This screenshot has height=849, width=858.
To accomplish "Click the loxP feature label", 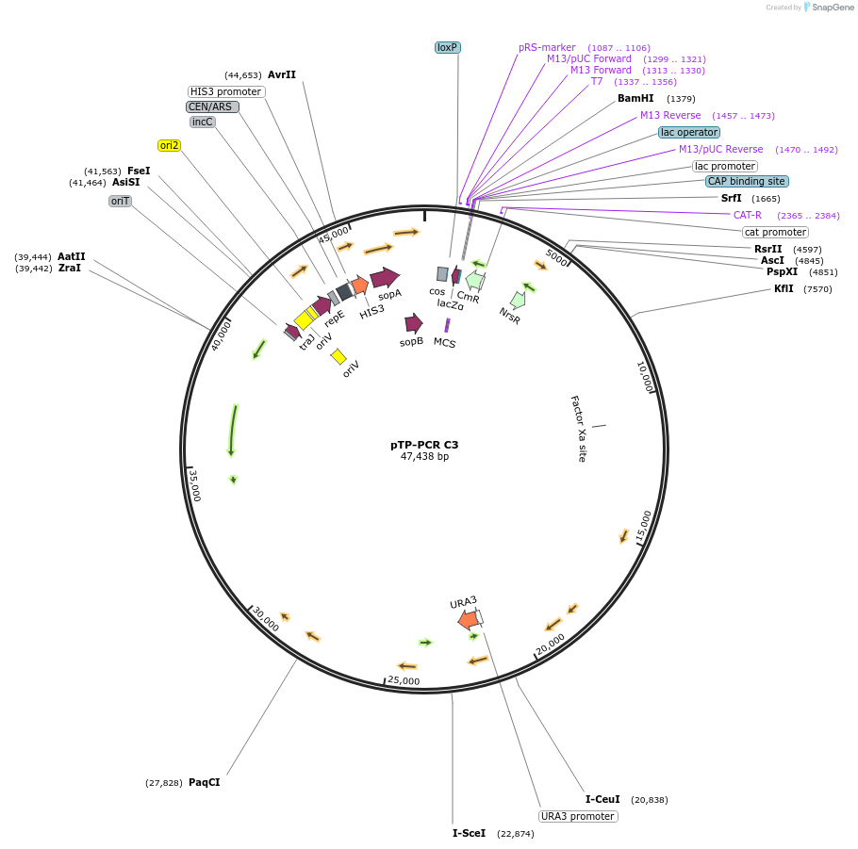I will click(x=447, y=47).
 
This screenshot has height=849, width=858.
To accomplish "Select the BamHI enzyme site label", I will click(x=635, y=98).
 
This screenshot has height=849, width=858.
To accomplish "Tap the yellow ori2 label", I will click(x=170, y=145).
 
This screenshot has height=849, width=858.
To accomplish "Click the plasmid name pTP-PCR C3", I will click(x=424, y=445).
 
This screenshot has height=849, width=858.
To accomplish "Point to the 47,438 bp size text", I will click(x=424, y=457).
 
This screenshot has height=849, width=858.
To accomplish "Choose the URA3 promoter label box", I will click(x=578, y=816).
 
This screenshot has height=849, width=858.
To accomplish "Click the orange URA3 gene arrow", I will click(x=468, y=619).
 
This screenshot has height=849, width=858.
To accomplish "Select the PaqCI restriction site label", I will click(x=204, y=782).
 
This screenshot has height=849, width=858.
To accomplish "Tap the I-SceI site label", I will click(x=469, y=833).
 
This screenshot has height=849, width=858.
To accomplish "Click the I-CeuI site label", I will click(x=602, y=799).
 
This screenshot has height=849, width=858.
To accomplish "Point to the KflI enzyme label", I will click(x=784, y=289).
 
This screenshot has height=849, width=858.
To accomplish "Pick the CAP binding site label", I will click(x=746, y=181).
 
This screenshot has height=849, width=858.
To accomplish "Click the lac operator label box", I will click(x=688, y=133).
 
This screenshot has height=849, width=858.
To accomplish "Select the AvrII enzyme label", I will click(x=281, y=74).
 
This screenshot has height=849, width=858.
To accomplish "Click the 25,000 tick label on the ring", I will click(x=404, y=680).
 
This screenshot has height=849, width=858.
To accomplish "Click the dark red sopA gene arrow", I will click(x=385, y=277).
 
